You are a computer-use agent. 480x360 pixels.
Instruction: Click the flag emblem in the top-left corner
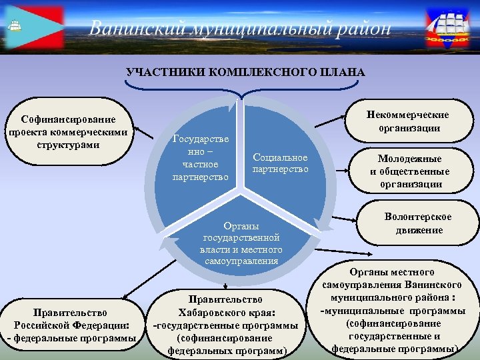point(33,27)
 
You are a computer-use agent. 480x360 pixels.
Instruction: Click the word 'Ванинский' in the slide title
point(137,28)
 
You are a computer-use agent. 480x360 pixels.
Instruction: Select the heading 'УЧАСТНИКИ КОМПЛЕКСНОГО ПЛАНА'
point(246,72)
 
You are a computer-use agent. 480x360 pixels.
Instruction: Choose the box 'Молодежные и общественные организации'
point(409,171)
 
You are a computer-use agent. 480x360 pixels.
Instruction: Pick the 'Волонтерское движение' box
point(418,223)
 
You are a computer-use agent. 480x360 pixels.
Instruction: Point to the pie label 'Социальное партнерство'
point(280,163)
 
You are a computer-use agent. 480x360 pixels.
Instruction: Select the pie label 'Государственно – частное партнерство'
point(201,158)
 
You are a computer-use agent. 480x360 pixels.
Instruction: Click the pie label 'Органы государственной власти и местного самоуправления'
point(241,243)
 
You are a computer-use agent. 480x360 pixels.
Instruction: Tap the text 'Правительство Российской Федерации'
point(71,319)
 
